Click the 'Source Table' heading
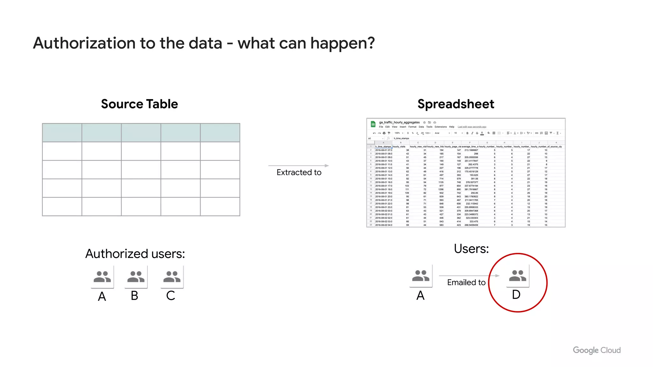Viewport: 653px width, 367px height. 139,104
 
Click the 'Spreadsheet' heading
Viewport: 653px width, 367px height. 456,104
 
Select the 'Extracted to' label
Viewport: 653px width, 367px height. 299,172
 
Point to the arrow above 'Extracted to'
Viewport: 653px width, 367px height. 298,166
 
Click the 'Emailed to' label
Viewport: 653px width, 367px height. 466,282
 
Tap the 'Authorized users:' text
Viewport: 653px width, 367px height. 135,254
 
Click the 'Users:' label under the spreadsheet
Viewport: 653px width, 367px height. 471,248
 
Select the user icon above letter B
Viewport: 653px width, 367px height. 136,277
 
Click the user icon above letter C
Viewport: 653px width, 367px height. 172,277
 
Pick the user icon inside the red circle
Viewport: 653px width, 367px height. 517,276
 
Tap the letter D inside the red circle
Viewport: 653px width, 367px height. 516,295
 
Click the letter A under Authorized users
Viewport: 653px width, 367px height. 102,297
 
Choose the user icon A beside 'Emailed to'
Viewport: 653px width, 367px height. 421,276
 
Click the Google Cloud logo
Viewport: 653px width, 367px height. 597,350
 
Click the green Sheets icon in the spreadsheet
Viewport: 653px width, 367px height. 373,124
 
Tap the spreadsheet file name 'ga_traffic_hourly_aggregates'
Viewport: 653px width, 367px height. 399,122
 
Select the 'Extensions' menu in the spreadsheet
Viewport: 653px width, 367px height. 441,127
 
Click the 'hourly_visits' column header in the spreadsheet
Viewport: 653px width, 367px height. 399,147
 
